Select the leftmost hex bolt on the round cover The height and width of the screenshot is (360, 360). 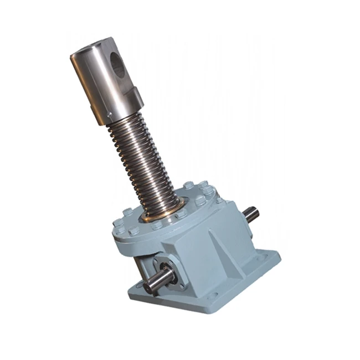coord(118,223)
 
